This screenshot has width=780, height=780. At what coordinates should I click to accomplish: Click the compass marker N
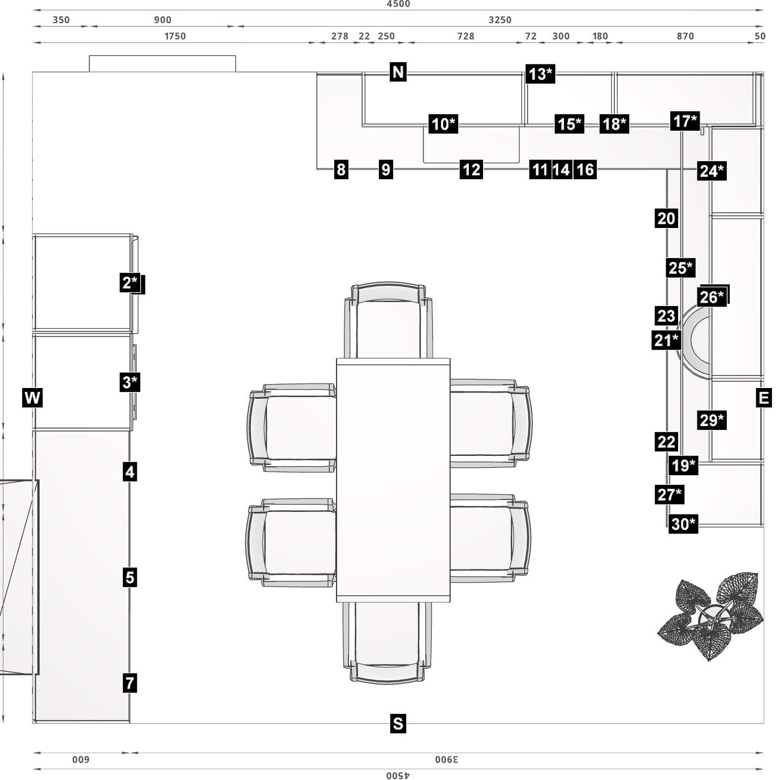[x=398, y=72]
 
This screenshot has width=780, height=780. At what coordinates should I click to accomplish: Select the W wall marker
[x=32, y=398]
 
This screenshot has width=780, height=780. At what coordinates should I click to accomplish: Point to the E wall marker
[x=764, y=398]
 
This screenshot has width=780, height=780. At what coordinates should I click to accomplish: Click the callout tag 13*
[x=540, y=74]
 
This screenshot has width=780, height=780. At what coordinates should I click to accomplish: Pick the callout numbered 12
[x=471, y=170]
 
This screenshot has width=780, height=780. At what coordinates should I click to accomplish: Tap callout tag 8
[x=341, y=170]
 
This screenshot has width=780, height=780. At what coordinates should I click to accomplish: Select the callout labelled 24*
[x=712, y=171]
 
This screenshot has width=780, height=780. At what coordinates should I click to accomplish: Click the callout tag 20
[x=666, y=218]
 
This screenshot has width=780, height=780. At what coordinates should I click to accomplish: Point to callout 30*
[x=683, y=524]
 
